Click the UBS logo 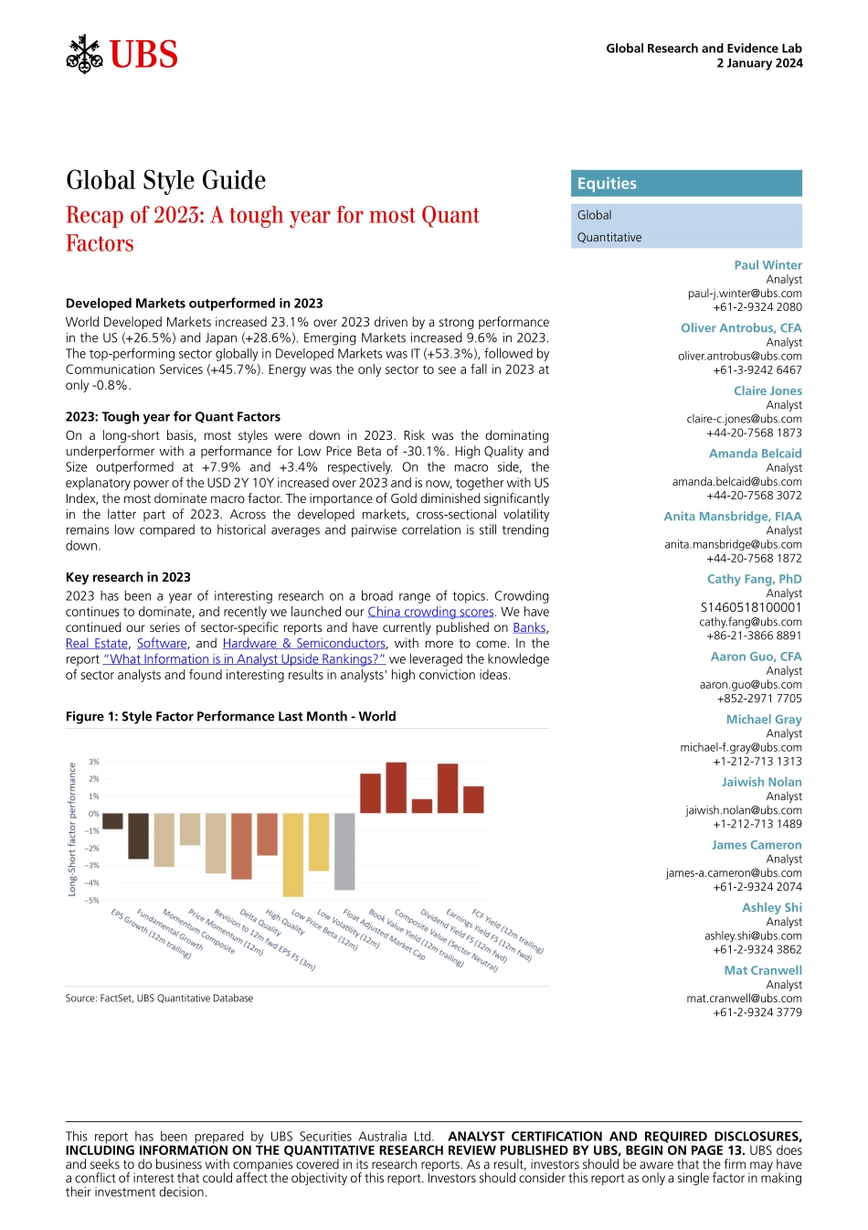coord(122,55)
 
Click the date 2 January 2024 coord(759,63)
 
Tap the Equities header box coord(686,184)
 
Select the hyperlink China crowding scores coord(430,612)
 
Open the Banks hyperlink coord(529,627)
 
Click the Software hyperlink coord(162,643)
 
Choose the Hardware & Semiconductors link coord(304,643)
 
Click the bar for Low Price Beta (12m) coord(293,854)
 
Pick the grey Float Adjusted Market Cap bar coord(344,851)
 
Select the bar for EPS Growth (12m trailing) coord(112,821)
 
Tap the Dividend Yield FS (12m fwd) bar coord(421,806)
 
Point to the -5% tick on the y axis coord(92,900)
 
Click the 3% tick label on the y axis coord(94,762)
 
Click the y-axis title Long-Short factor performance coord(72,829)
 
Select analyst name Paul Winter coord(767,265)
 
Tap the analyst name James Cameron coord(757,845)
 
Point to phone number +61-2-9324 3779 coord(757,1012)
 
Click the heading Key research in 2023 coord(128,577)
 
